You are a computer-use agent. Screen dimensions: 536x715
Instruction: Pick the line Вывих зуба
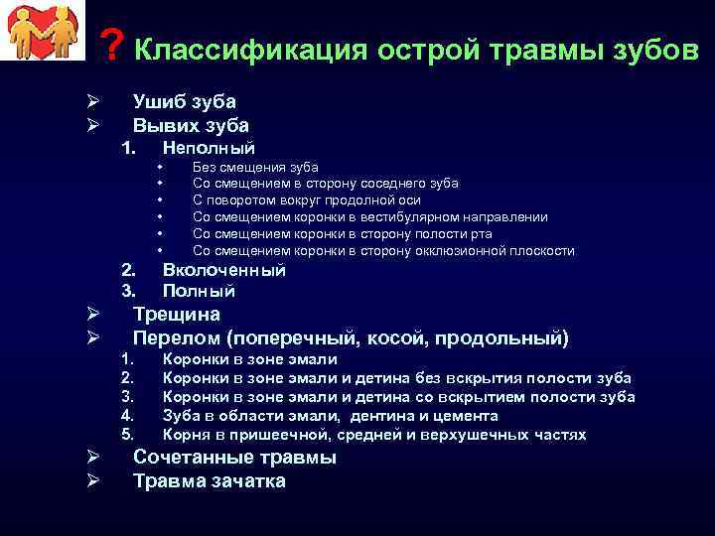point(191,125)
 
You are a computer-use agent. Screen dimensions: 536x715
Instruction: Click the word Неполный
point(209,148)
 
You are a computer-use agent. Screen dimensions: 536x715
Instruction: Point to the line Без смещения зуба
point(255,168)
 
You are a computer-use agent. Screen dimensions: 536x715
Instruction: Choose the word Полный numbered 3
point(199,292)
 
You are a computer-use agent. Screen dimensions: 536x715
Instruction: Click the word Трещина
point(177,315)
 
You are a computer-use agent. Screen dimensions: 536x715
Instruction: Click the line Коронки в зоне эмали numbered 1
point(249,359)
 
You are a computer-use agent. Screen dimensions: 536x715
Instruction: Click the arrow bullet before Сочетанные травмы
point(89,458)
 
